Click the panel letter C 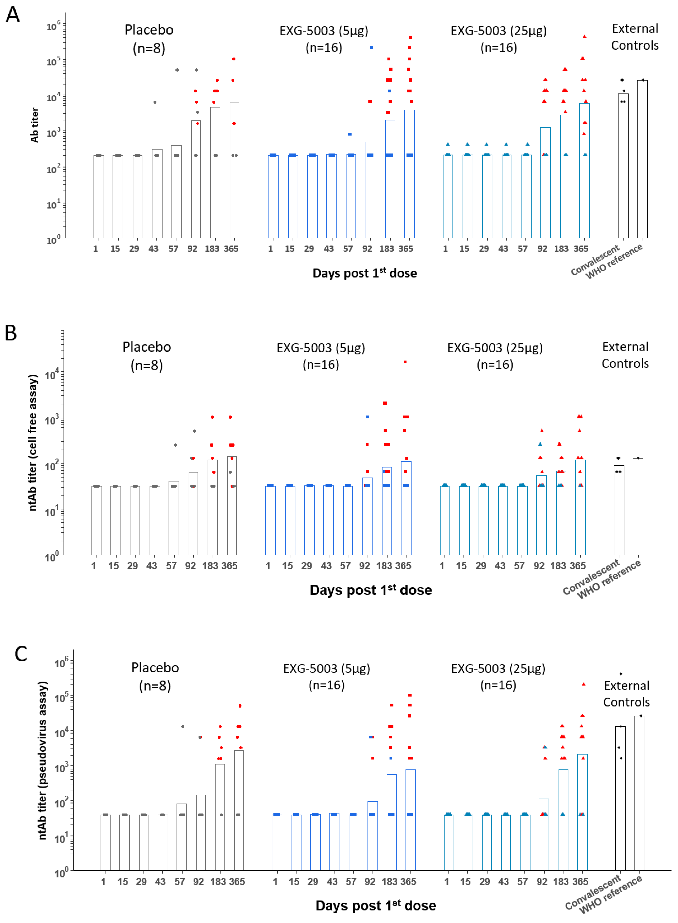point(21,654)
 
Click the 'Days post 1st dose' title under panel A point(365,273)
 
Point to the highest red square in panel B point(405,362)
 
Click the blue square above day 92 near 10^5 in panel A point(371,48)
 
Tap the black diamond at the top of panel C point(621,674)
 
